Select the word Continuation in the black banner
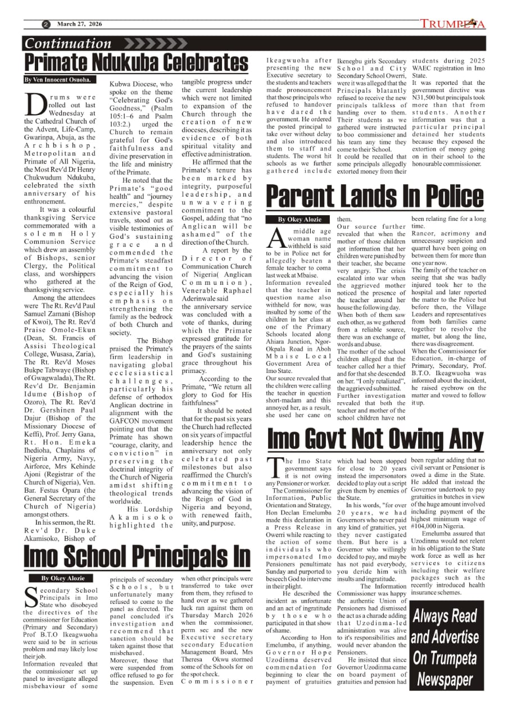coord(69,43)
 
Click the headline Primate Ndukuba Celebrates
coord(137,62)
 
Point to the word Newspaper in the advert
coord(446,680)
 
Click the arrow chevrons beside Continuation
coord(148,43)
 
